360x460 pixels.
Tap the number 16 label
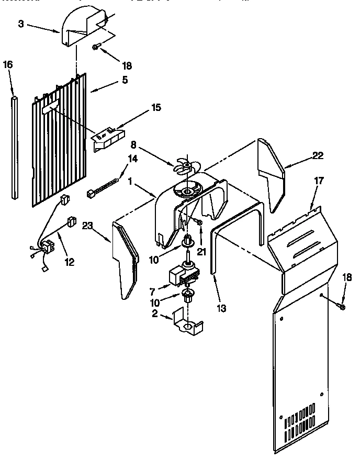(x=7, y=64)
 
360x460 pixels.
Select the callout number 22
(x=318, y=155)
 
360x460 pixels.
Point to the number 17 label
(x=319, y=181)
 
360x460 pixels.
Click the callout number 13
(x=222, y=308)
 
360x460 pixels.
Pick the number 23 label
(x=87, y=226)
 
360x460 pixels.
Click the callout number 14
(x=132, y=160)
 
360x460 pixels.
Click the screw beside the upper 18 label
(x=96, y=47)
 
